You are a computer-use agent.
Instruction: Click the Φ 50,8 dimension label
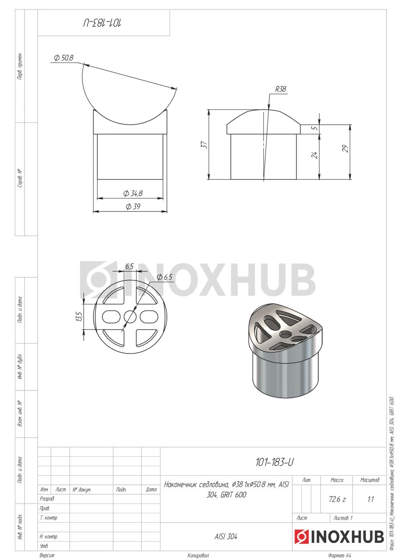click(x=64, y=58)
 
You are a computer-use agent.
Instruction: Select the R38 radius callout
click(x=280, y=89)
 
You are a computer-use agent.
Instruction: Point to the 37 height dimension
click(x=204, y=145)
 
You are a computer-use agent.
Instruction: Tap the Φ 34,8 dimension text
click(x=133, y=193)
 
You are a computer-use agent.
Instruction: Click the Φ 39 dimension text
click(x=133, y=206)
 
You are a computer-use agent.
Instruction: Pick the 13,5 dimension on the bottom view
click(x=80, y=316)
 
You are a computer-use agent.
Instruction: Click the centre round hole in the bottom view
click(x=130, y=317)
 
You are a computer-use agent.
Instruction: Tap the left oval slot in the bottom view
click(x=111, y=317)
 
